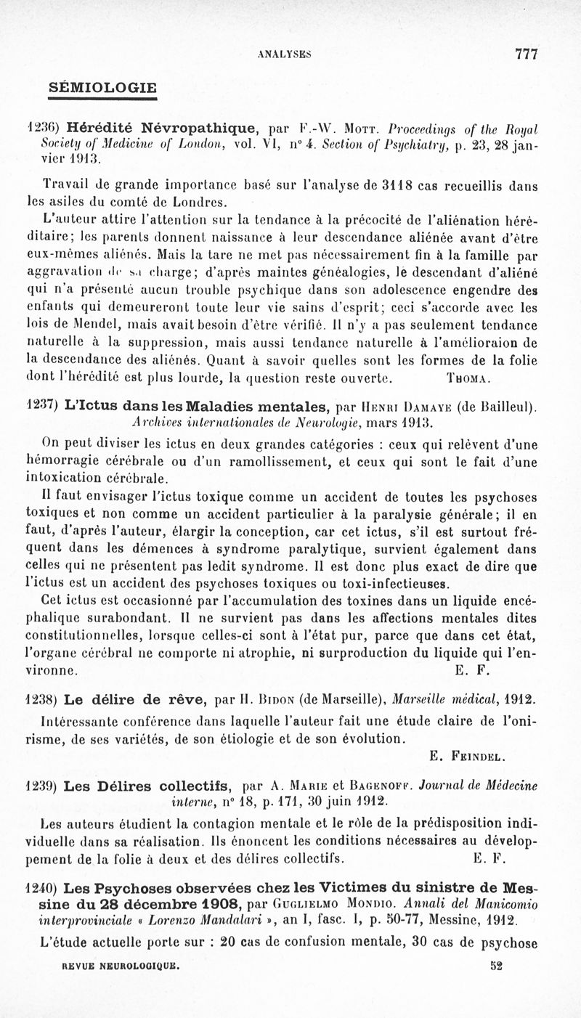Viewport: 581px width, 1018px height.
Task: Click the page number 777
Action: [525, 54]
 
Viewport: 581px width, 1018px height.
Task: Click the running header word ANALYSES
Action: [285, 54]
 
